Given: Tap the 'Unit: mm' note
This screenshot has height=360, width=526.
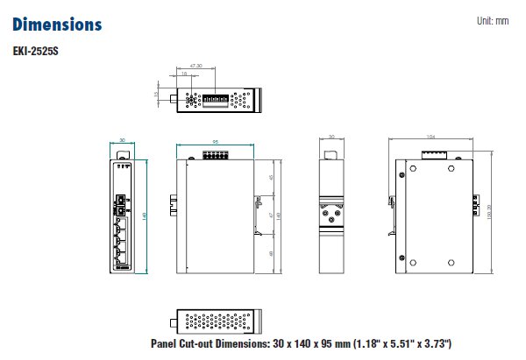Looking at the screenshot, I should [492, 20].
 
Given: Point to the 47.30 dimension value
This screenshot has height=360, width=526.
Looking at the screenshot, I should [195, 66].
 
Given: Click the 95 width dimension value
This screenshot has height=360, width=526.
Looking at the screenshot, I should [215, 142].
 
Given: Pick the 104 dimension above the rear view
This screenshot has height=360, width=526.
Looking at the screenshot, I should [430, 138].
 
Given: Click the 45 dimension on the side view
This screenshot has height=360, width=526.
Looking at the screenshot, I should [271, 178].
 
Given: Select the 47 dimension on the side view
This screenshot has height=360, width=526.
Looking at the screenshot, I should [271, 215].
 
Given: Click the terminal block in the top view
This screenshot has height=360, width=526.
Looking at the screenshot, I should [215, 100].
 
